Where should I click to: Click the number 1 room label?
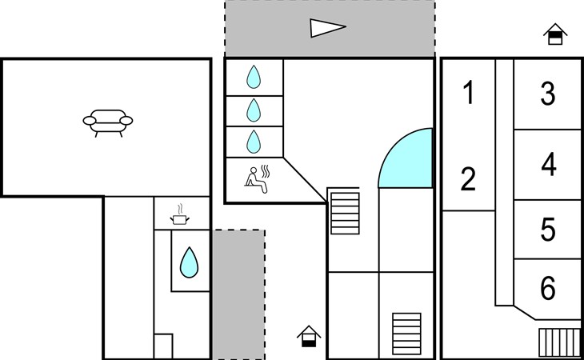[469, 94]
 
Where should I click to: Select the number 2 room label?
[469, 179]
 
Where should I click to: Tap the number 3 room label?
[548, 94]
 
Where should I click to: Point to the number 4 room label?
[548, 165]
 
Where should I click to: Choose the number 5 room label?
[548, 230]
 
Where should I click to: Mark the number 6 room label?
[548, 288]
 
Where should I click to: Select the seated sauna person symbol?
[260, 178]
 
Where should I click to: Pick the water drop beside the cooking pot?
[189, 262]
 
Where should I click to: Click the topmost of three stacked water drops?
[254, 77]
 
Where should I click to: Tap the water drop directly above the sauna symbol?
[254, 142]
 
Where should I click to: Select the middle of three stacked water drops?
[254, 110]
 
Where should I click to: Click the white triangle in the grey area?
[327, 29]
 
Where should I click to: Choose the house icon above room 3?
[554, 34]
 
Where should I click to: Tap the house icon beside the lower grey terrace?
[309, 336]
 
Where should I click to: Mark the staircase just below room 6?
[559, 342]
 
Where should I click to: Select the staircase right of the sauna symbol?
[346, 211]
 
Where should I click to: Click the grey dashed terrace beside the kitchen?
[238, 294]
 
